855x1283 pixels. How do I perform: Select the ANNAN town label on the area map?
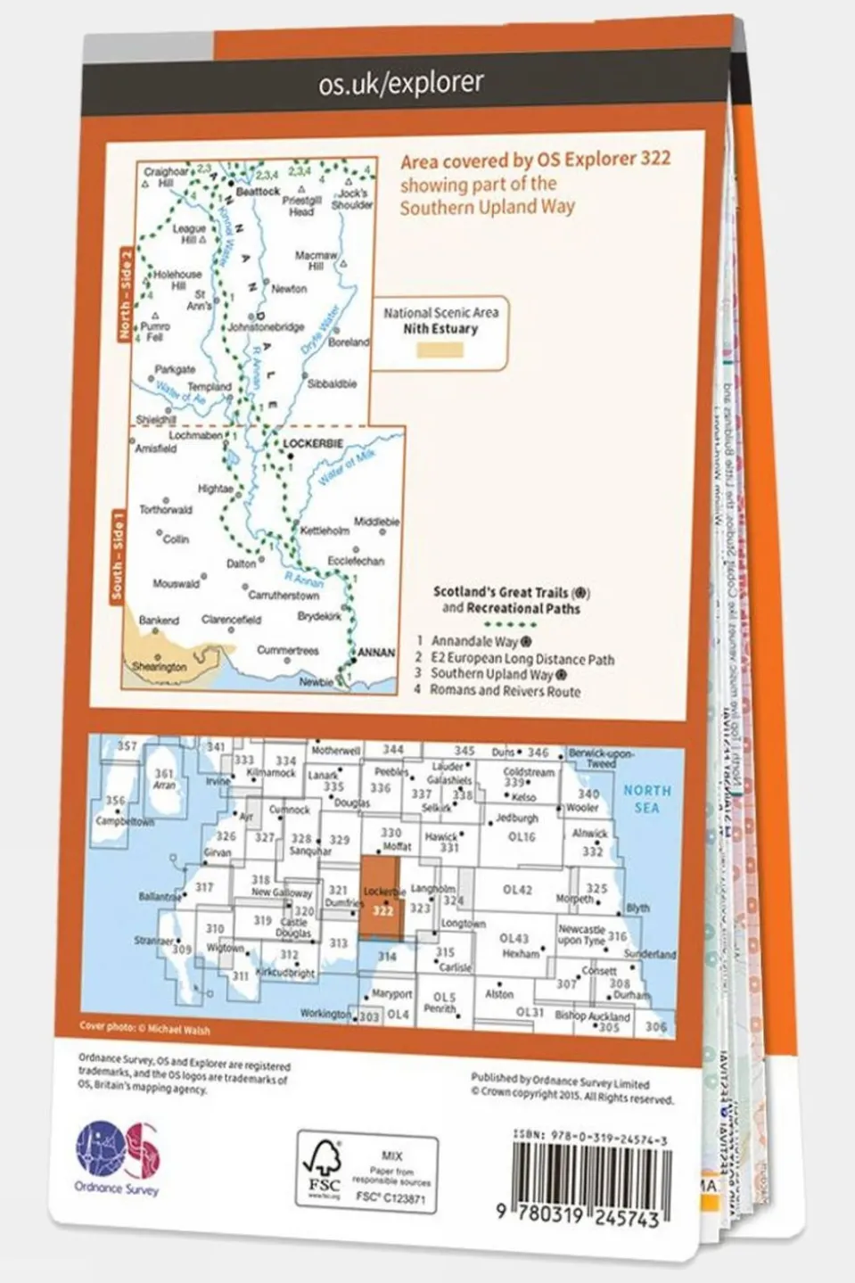(x=376, y=653)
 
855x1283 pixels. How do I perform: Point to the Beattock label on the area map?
(x=259, y=191)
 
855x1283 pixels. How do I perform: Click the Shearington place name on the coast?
(x=160, y=666)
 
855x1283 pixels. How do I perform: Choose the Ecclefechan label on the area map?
(x=356, y=561)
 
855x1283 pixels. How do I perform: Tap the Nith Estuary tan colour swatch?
(x=440, y=350)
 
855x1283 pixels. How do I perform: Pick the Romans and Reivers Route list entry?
(x=505, y=691)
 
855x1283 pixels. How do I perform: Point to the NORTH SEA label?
(x=646, y=798)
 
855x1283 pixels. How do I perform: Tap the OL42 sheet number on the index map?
(x=516, y=890)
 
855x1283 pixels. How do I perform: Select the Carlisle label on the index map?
(x=455, y=967)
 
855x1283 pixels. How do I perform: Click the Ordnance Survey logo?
(x=117, y=1157)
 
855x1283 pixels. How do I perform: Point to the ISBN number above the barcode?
(x=589, y=1139)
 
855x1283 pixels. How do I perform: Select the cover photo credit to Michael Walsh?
(x=144, y=1028)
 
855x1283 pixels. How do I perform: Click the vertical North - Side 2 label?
(x=125, y=294)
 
